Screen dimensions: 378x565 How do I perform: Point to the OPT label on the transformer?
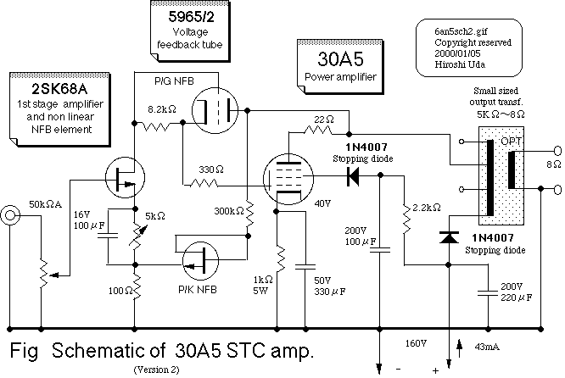(510, 138)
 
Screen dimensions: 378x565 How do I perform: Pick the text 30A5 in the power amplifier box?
(338, 61)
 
